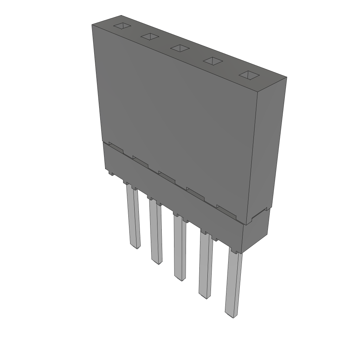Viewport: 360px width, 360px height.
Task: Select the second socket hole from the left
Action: [150, 36]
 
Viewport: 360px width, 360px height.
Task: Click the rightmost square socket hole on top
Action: [249, 75]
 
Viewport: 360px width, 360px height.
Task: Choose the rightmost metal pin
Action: [233, 281]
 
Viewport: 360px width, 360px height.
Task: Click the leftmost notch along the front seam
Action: [116, 147]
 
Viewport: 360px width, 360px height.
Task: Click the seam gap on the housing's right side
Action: [261, 212]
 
